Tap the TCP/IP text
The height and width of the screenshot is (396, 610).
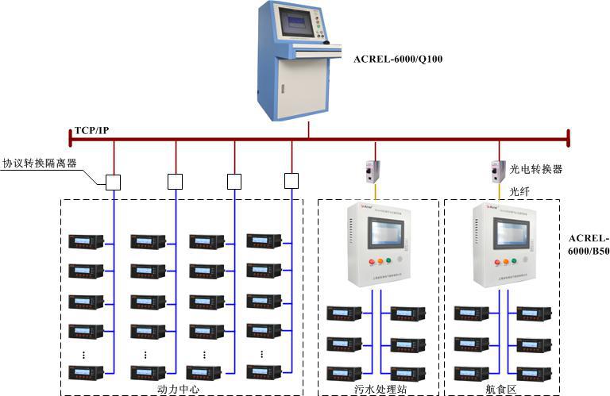pyautogui.click(x=91, y=129)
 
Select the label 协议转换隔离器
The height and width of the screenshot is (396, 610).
pyautogui.click(x=40, y=163)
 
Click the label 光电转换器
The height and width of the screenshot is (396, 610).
pyautogui.click(x=536, y=169)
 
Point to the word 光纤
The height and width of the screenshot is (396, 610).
pyautogui.click(x=519, y=191)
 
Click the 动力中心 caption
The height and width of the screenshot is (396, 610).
pyautogui.click(x=180, y=389)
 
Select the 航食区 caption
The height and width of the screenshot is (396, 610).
pyautogui.click(x=500, y=389)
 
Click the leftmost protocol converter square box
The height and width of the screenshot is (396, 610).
pyautogui.click(x=114, y=182)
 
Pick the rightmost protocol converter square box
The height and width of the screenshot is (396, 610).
pyautogui.click(x=291, y=182)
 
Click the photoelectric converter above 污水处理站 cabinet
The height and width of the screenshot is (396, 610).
pyautogui.click(x=373, y=170)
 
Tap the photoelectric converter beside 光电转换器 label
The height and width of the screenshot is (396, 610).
pyautogui.click(x=498, y=170)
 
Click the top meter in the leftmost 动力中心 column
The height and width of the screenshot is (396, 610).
pyautogui.click(x=86, y=240)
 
